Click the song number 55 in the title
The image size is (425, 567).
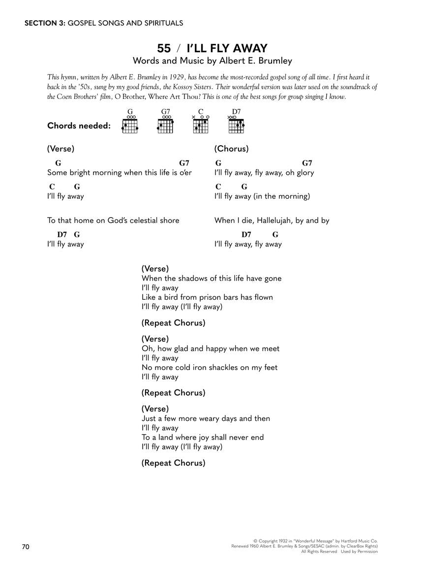164,48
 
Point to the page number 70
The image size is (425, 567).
26,547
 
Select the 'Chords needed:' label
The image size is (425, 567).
79,126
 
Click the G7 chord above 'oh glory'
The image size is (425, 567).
307,163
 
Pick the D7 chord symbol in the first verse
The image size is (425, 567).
61,235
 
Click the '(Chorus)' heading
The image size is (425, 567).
231,149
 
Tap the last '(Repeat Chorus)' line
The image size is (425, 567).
173,463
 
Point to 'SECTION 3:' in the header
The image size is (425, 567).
44,23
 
